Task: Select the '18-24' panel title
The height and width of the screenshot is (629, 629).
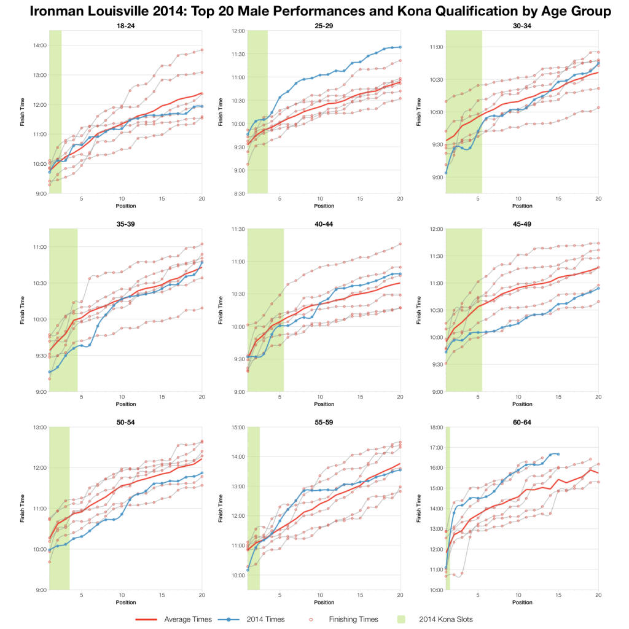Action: (125, 25)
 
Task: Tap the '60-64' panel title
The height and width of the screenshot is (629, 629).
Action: (522, 422)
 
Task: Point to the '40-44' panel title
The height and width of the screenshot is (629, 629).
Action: (324, 224)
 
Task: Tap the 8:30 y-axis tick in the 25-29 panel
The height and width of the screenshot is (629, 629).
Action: (238, 193)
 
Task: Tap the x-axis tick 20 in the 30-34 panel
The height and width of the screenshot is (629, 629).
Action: (598, 199)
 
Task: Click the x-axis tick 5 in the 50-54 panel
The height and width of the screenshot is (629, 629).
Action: (81, 596)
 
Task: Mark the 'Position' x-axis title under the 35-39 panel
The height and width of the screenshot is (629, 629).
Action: (125, 404)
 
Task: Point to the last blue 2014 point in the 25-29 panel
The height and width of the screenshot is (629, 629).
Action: (400, 47)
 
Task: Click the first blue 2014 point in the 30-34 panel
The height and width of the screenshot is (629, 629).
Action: (446, 173)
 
